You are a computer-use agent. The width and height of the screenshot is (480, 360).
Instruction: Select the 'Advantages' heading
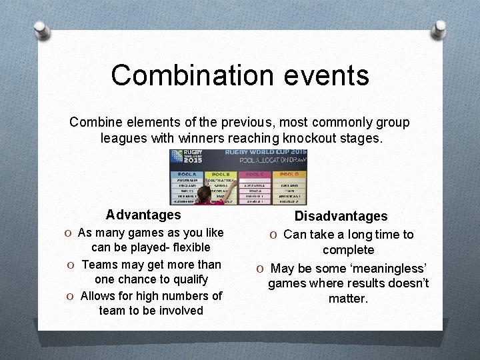coord(143,215)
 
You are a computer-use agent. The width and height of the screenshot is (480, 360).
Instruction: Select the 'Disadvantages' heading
coord(341,216)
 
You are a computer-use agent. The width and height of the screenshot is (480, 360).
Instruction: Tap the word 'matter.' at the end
coord(348,299)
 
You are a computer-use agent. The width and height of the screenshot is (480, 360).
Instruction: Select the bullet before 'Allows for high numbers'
coord(71,295)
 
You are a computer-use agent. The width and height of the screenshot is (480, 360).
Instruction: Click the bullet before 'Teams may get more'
coord(71,265)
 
